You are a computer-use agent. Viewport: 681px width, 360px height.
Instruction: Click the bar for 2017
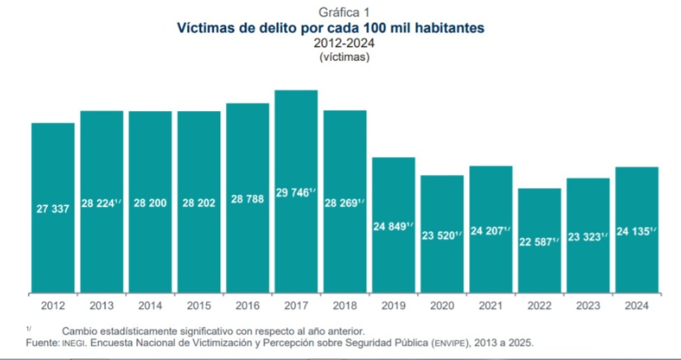296,191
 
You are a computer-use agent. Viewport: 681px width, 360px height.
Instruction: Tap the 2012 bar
53,207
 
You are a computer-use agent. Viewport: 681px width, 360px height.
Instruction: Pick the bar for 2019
394,225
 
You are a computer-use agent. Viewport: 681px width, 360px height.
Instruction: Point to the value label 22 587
536,242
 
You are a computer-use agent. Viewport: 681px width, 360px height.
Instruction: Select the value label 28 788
248,199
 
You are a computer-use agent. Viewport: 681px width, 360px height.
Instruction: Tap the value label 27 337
53,209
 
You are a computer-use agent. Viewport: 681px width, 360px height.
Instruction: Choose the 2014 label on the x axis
150,306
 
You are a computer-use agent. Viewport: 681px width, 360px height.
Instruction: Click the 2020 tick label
442,306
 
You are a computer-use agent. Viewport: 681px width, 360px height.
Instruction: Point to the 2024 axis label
637,306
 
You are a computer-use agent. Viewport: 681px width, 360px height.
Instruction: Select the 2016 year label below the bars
248,306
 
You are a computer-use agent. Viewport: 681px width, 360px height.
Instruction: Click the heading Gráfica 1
345,11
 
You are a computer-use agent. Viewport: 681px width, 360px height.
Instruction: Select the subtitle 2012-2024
345,43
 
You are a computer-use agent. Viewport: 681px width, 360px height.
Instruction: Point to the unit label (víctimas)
345,57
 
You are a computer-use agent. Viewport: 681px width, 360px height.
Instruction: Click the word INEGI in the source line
70,343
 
